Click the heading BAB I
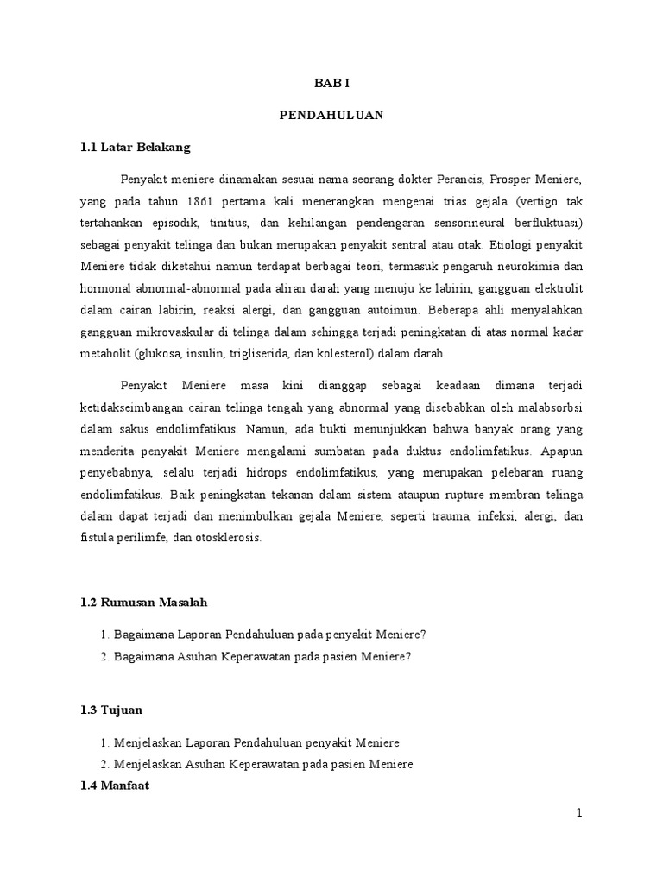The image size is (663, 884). [x=331, y=84]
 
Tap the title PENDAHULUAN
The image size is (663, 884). [x=331, y=115]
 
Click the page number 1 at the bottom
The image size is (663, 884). [x=580, y=813]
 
